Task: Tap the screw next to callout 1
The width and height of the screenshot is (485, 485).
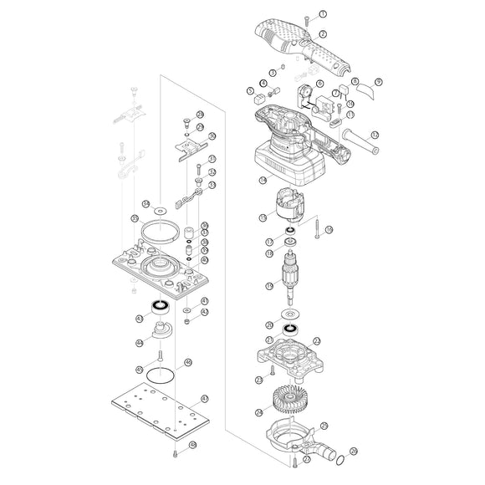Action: [307, 17]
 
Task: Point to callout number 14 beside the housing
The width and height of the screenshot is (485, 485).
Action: [263, 180]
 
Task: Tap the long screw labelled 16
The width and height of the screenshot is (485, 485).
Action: [319, 230]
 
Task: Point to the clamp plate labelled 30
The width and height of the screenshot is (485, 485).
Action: [193, 148]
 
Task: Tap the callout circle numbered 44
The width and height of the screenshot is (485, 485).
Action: [139, 342]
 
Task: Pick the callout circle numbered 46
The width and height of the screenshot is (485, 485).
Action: [188, 362]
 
